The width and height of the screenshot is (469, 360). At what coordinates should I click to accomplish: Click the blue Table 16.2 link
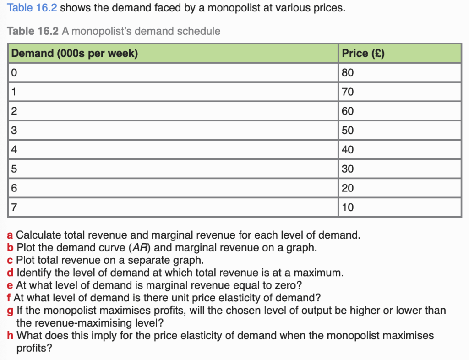[33, 8]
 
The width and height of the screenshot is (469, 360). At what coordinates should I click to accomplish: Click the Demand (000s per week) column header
[74, 53]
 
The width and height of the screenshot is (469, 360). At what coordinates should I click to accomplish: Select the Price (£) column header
[363, 53]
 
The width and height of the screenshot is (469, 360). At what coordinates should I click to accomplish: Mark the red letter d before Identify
[11, 273]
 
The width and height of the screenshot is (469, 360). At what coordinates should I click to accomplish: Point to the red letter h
[11, 336]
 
